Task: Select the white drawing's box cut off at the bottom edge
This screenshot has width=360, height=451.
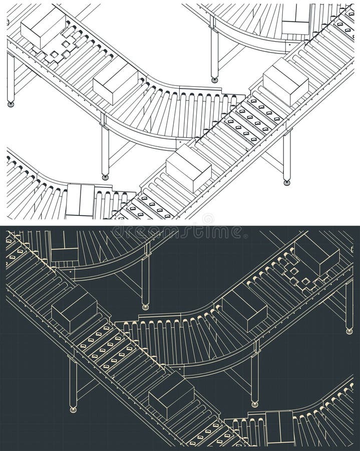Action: (80, 200)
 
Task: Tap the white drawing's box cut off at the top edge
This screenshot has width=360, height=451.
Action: (296, 20)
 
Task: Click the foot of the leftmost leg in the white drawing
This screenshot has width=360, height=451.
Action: (10, 104)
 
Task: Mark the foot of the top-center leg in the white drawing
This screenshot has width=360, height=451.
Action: (215, 79)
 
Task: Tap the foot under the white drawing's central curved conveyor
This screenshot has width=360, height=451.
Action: (105, 176)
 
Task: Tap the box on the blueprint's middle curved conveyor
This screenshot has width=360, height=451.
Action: (244, 310)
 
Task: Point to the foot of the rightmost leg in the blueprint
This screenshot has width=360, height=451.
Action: (349, 330)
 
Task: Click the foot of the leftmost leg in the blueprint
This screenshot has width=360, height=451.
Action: (74, 409)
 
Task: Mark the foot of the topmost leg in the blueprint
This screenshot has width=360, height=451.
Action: (145, 306)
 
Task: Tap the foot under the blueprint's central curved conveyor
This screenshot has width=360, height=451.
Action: (255, 403)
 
